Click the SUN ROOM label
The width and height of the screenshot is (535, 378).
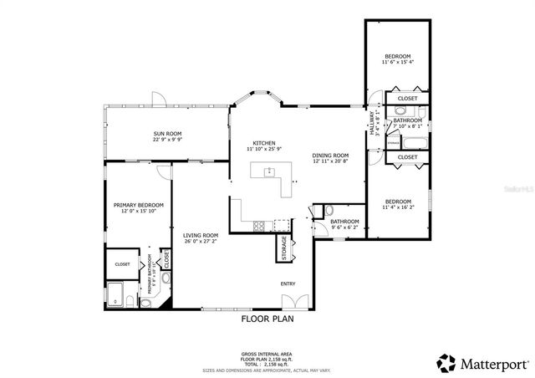[167, 134]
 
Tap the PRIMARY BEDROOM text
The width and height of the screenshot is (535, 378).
[139, 205]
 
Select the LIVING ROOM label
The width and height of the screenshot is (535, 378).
[201, 235]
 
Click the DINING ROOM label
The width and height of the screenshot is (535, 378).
[330, 156]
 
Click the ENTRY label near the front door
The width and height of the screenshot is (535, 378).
[288, 283]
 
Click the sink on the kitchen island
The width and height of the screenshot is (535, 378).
[270, 172]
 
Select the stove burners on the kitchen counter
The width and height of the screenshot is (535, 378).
[260, 225]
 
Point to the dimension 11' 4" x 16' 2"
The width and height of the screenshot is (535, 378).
[398, 207]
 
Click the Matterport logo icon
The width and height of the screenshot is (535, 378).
[446, 363]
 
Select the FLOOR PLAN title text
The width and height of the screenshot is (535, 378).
[267, 319]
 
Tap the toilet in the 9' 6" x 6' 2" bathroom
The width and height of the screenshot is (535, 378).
[329, 210]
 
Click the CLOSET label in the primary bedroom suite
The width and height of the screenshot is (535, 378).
[122, 263]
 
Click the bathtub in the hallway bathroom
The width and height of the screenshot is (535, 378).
[405, 142]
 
